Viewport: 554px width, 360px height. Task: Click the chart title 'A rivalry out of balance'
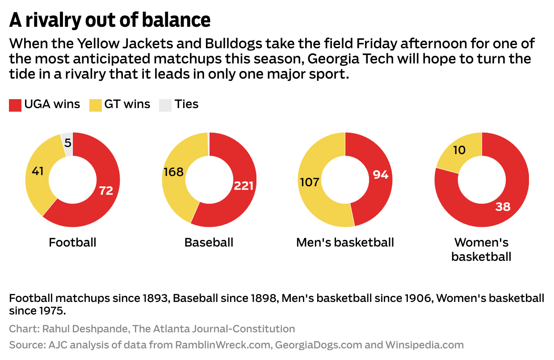tap(110, 20)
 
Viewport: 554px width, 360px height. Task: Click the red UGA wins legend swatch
tap(15, 105)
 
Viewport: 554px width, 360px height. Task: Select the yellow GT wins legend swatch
tap(95, 105)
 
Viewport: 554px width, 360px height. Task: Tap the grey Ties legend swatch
tap(165, 105)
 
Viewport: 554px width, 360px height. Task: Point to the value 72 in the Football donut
tap(106, 191)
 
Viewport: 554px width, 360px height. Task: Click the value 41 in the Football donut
tap(38, 171)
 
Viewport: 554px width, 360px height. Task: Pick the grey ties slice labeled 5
tap(67, 143)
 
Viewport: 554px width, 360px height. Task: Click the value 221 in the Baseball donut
tap(243, 186)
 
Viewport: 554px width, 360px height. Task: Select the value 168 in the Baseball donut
tap(173, 172)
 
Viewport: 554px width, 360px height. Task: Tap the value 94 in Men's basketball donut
tap(380, 175)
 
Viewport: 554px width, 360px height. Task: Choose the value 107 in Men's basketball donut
tap(310, 182)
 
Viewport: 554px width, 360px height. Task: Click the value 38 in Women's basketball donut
tap(503, 207)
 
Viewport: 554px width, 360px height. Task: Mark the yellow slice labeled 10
tap(459, 151)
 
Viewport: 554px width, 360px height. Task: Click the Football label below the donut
tap(72, 243)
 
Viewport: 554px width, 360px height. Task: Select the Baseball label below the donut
tap(209, 243)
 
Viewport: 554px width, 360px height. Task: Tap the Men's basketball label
tap(345, 243)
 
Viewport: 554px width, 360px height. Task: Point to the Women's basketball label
tap(481, 250)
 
